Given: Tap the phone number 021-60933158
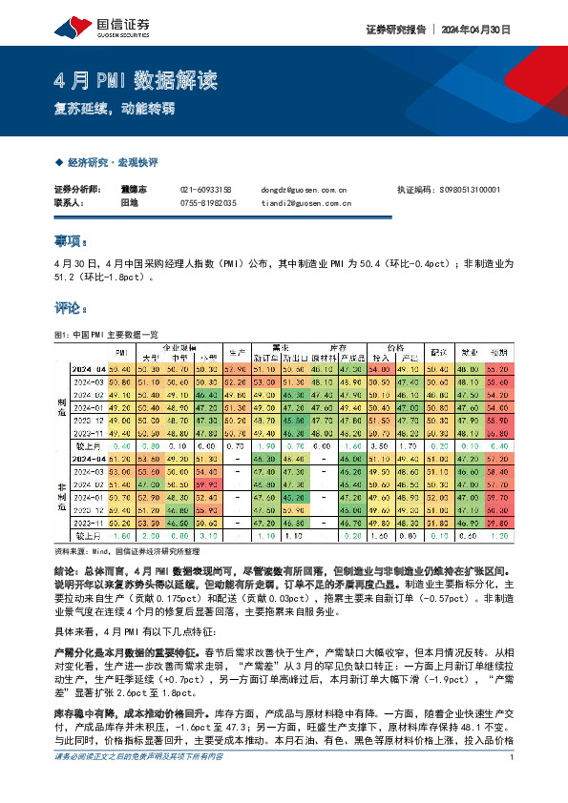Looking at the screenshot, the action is point(206,190).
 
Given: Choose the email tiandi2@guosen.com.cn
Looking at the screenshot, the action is point(305,202).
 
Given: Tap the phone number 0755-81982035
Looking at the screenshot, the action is point(207,202).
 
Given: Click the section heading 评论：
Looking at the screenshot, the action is point(72,308).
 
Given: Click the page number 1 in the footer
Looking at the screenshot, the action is point(513,784).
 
